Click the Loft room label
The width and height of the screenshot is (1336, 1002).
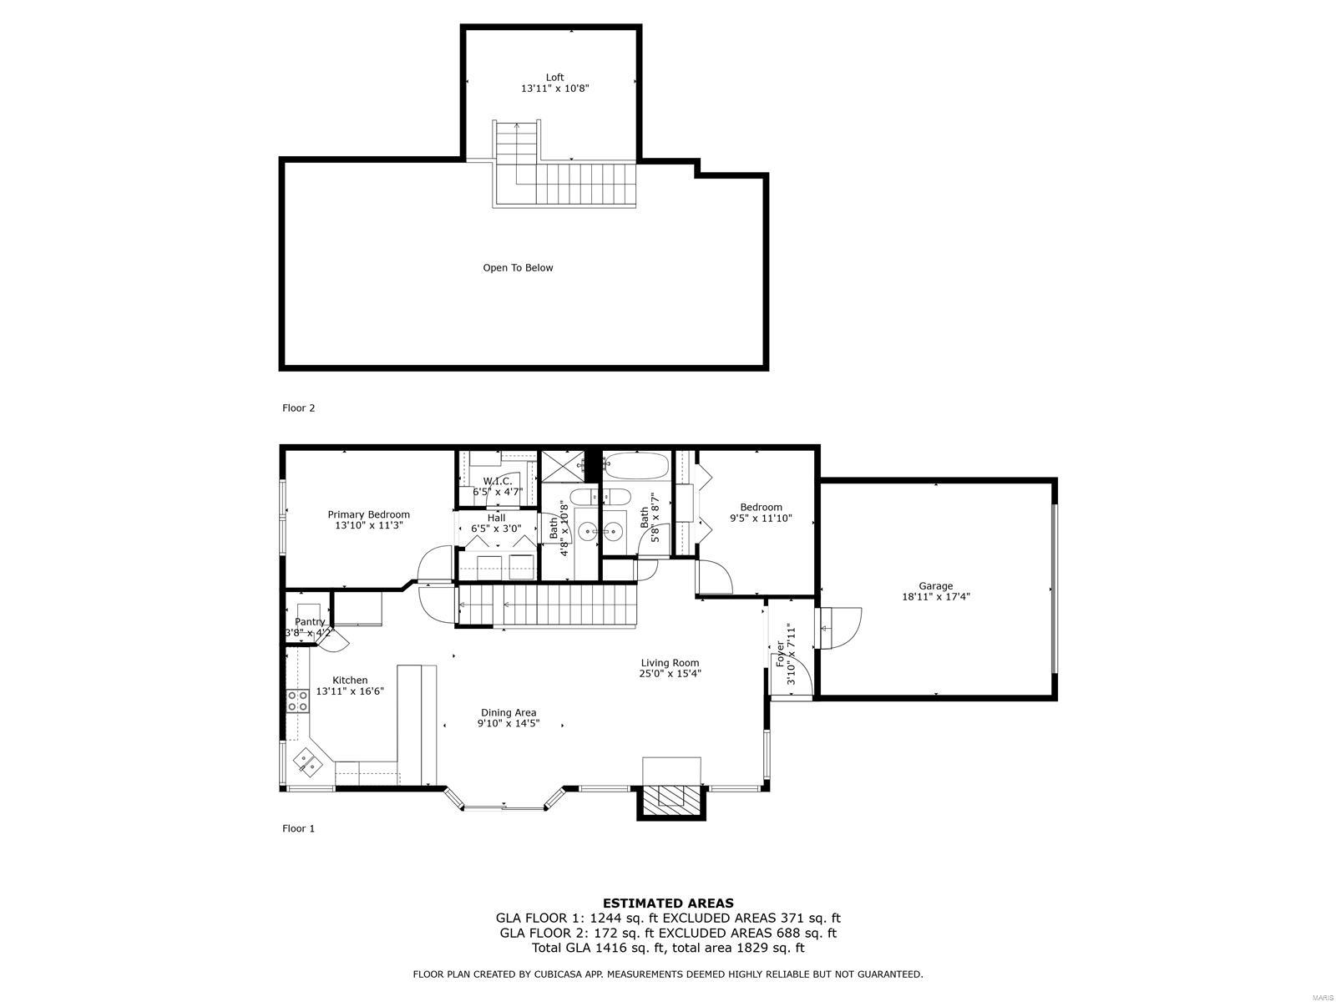click(554, 78)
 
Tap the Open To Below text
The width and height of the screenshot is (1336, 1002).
click(518, 268)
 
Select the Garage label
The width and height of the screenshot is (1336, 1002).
click(935, 586)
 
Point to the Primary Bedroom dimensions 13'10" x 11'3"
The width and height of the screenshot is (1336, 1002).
click(369, 525)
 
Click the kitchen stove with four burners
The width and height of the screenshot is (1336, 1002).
click(297, 701)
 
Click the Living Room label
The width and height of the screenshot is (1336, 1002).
click(671, 662)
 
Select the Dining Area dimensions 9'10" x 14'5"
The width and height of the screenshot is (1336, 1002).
click(509, 723)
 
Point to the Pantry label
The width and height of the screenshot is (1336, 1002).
click(310, 622)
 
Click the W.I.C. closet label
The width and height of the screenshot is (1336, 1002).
click(498, 481)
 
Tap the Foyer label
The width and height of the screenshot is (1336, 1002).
click(780, 654)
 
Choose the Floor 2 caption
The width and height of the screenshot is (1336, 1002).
click(299, 407)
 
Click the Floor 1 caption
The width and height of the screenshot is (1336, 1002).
click(299, 828)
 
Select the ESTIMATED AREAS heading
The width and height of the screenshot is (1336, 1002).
click(668, 903)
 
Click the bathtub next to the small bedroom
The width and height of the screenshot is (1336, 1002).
click(635, 466)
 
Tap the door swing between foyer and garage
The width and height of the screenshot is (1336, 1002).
click(841, 628)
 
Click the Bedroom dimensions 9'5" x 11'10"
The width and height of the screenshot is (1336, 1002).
click(761, 519)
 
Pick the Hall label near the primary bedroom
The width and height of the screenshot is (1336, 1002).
click(497, 518)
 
